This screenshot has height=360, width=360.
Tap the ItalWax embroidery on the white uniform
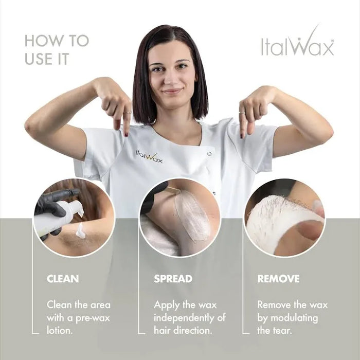coord(149,156)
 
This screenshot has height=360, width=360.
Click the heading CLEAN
coord(63,279)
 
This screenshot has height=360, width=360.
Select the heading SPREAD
coord(173,279)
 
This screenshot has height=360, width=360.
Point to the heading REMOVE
coord(278,279)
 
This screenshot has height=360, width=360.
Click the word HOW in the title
coord(42,41)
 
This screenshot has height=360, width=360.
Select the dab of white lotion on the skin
coord(80,232)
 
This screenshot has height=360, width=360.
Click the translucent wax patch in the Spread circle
coord(191,216)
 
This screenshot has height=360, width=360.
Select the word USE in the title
coord(39,59)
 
